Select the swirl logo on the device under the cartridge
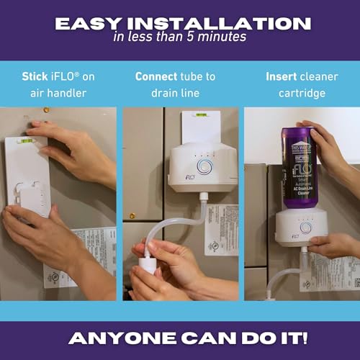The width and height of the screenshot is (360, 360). tap(305, 228)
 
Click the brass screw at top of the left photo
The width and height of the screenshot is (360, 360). tap(47, 110)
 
